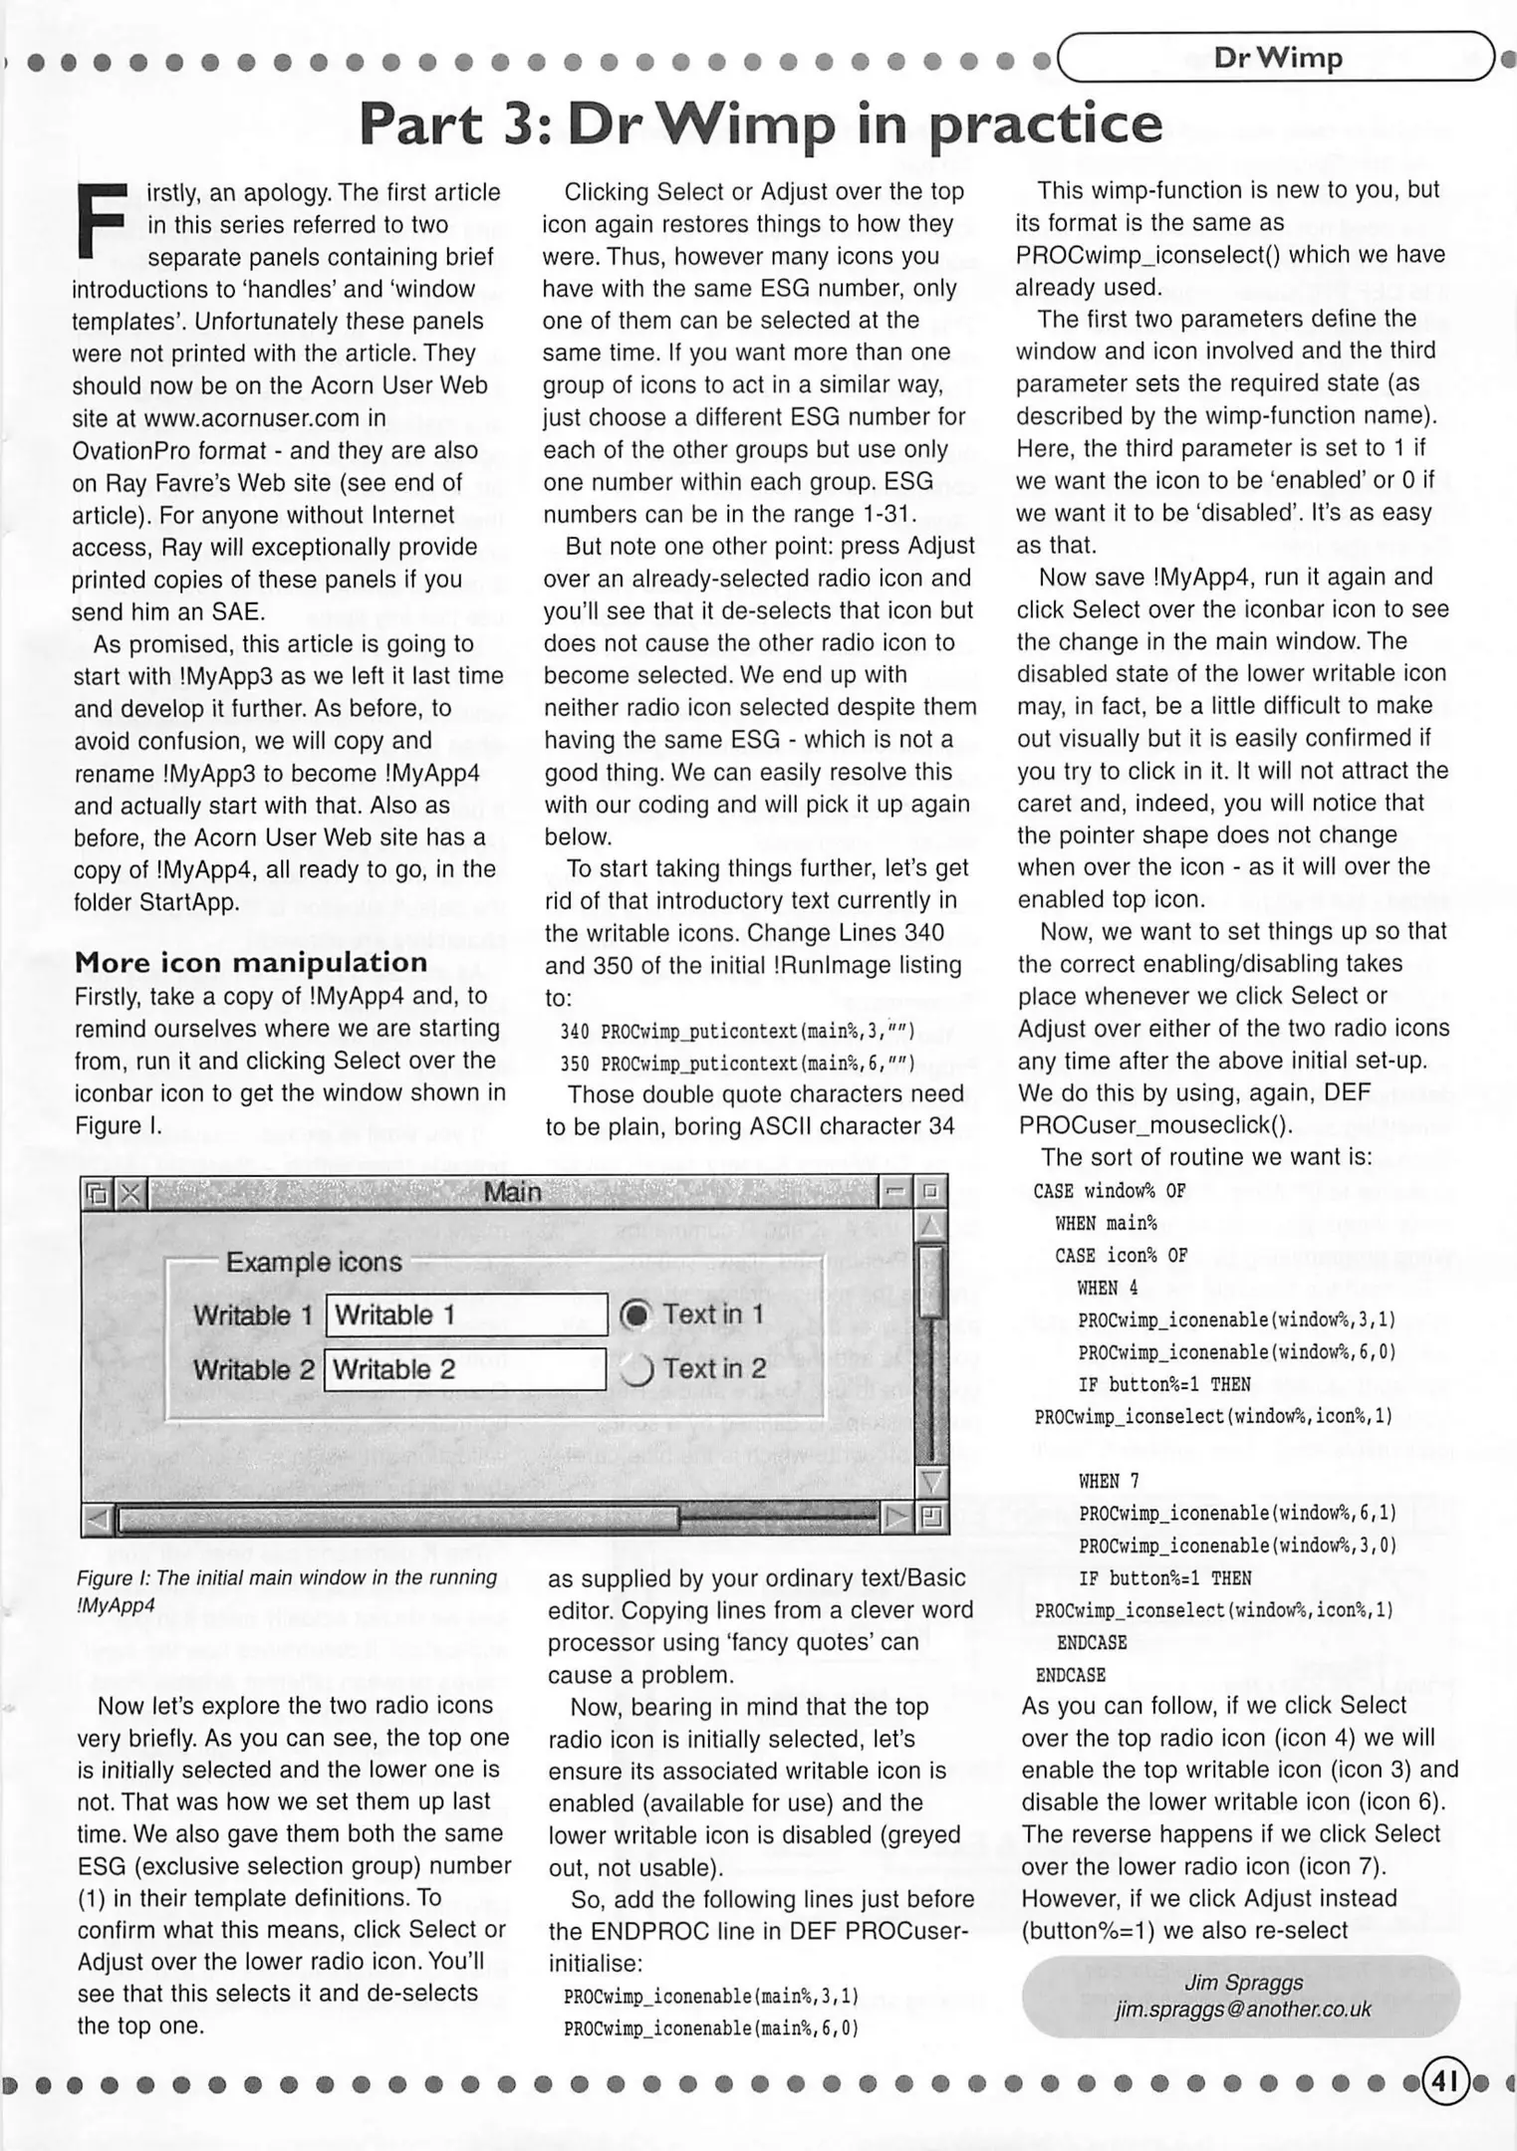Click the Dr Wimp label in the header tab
click(1277, 58)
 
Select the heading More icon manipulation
click(251, 962)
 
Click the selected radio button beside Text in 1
click(635, 1314)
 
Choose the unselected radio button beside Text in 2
click(635, 1369)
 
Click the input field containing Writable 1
click(466, 1314)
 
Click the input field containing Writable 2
click(466, 1369)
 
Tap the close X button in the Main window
click(130, 1192)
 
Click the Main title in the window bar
click(512, 1192)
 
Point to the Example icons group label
click(314, 1262)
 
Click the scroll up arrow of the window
click(930, 1224)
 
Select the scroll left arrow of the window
click(99, 1519)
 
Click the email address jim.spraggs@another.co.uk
click(1242, 2010)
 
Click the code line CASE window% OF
click(1110, 1191)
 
